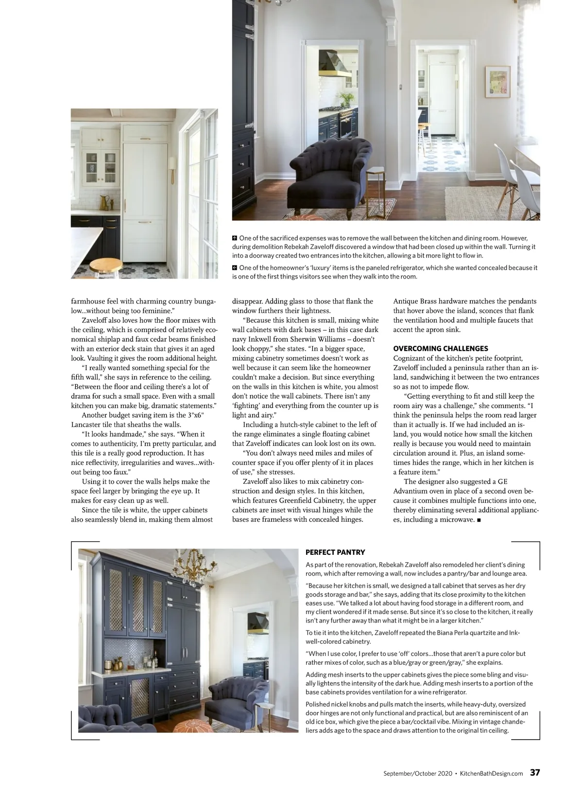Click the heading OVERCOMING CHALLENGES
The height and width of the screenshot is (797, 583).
pyautogui.click(x=441, y=349)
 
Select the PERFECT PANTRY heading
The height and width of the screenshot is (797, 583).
pyautogui.click(x=335, y=552)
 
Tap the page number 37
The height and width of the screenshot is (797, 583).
pyautogui.click(x=534, y=773)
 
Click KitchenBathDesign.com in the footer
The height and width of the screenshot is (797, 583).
pyautogui.click(x=491, y=773)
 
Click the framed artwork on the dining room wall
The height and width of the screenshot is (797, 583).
pyautogui.click(x=497, y=82)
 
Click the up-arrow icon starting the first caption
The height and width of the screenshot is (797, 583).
pyautogui.click(x=235, y=238)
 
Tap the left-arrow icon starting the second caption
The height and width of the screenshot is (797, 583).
pyautogui.click(x=235, y=268)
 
